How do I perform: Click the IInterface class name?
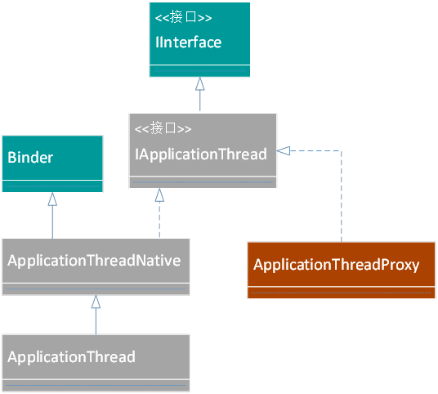pyautogui.click(x=188, y=43)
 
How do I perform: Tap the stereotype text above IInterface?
pyautogui.click(x=183, y=17)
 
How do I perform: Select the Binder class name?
pyautogui.click(x=30, y=157)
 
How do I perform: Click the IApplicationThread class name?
pyautogui.click(x=201, y=154)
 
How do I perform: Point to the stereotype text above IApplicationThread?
pyautogui.click(x=163, y=128)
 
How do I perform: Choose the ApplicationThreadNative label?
pyautogui.click(x=94, y=261)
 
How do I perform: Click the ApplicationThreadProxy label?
pyautogui.click(x=337, y=265)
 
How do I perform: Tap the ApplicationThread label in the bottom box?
pyautogui.click(x=72, y=357)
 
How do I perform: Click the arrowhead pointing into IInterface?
pyautogui.click(x=199, y=83)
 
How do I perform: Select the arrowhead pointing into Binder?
pyautogui.click(x=52, y=199)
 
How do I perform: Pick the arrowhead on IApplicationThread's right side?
pyautogui.click(x=284, y=151)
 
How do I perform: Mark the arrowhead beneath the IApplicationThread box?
pyautogui.click(x=159, y=195)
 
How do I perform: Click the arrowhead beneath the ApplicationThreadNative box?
pyautogui.click(x=96, y=302)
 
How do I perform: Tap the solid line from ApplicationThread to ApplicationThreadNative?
pyautogui.click(x=96, y=321)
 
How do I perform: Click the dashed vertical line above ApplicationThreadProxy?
pyautogui.click(x=342, y=196)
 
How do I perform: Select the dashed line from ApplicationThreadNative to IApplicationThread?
pyautogui.click(x=159, y=220)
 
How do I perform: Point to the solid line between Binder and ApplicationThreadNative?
pyautogui.click(x=52, y=222)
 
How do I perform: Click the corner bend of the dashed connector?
pyautogui.click(x=342, y=151)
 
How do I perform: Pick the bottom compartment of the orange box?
pyautogui.click(x=342, y=293)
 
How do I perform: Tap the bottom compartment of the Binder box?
pyautogui.click(x=52, y=186)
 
